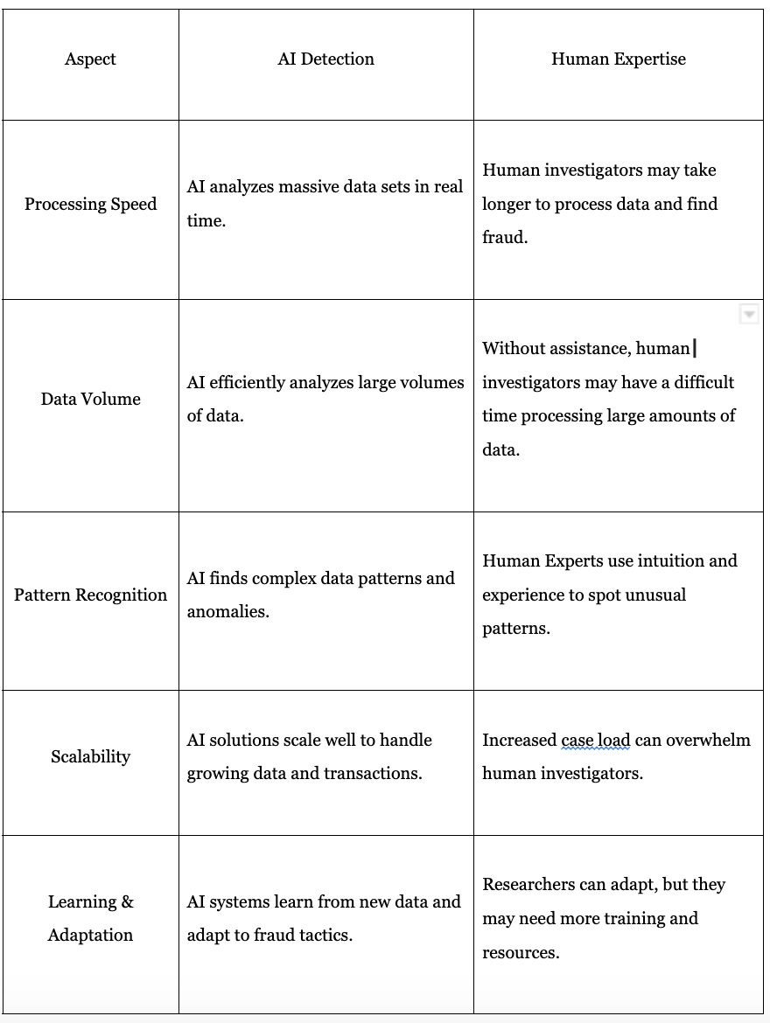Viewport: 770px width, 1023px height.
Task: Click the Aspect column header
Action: click(x=90, y=59)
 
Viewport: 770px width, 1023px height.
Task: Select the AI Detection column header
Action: click(x=325, y=59)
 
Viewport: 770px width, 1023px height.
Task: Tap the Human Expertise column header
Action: click(x=618, y=59)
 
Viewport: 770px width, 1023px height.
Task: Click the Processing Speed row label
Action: click(x=90, y=205)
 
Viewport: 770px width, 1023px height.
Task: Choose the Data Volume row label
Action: click(x=90, y=400)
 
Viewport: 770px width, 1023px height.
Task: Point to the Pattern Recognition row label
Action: click(x=90, y=595)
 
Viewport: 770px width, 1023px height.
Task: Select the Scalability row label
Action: click(x=90, y=757)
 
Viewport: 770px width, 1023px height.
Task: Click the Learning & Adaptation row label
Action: click(x=90, y=918)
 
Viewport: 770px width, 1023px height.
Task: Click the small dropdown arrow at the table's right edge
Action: click(x=749, y=315)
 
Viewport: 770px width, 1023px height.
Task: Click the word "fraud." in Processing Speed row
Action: click(x=505, y=238)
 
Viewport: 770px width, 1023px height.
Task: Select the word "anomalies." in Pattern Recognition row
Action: click(x=227, y=612)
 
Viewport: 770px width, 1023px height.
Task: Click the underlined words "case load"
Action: click(x=595, y=741)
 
